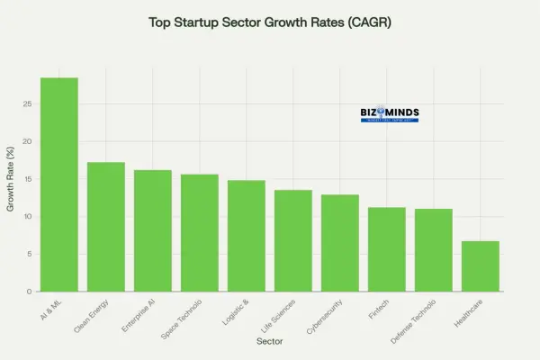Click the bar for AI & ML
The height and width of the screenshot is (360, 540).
58,184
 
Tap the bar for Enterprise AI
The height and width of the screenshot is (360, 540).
152,230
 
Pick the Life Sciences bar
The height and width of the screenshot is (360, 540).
292,240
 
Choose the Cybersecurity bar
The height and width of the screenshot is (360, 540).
339,243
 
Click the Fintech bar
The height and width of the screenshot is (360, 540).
386,249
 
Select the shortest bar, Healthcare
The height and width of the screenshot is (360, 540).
480,266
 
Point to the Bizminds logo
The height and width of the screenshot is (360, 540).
390,114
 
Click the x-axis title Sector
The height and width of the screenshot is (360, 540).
270,342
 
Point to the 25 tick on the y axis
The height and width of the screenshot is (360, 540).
29,104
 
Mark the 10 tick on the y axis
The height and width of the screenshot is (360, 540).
29,217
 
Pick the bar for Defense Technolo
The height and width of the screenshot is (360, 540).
433,250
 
